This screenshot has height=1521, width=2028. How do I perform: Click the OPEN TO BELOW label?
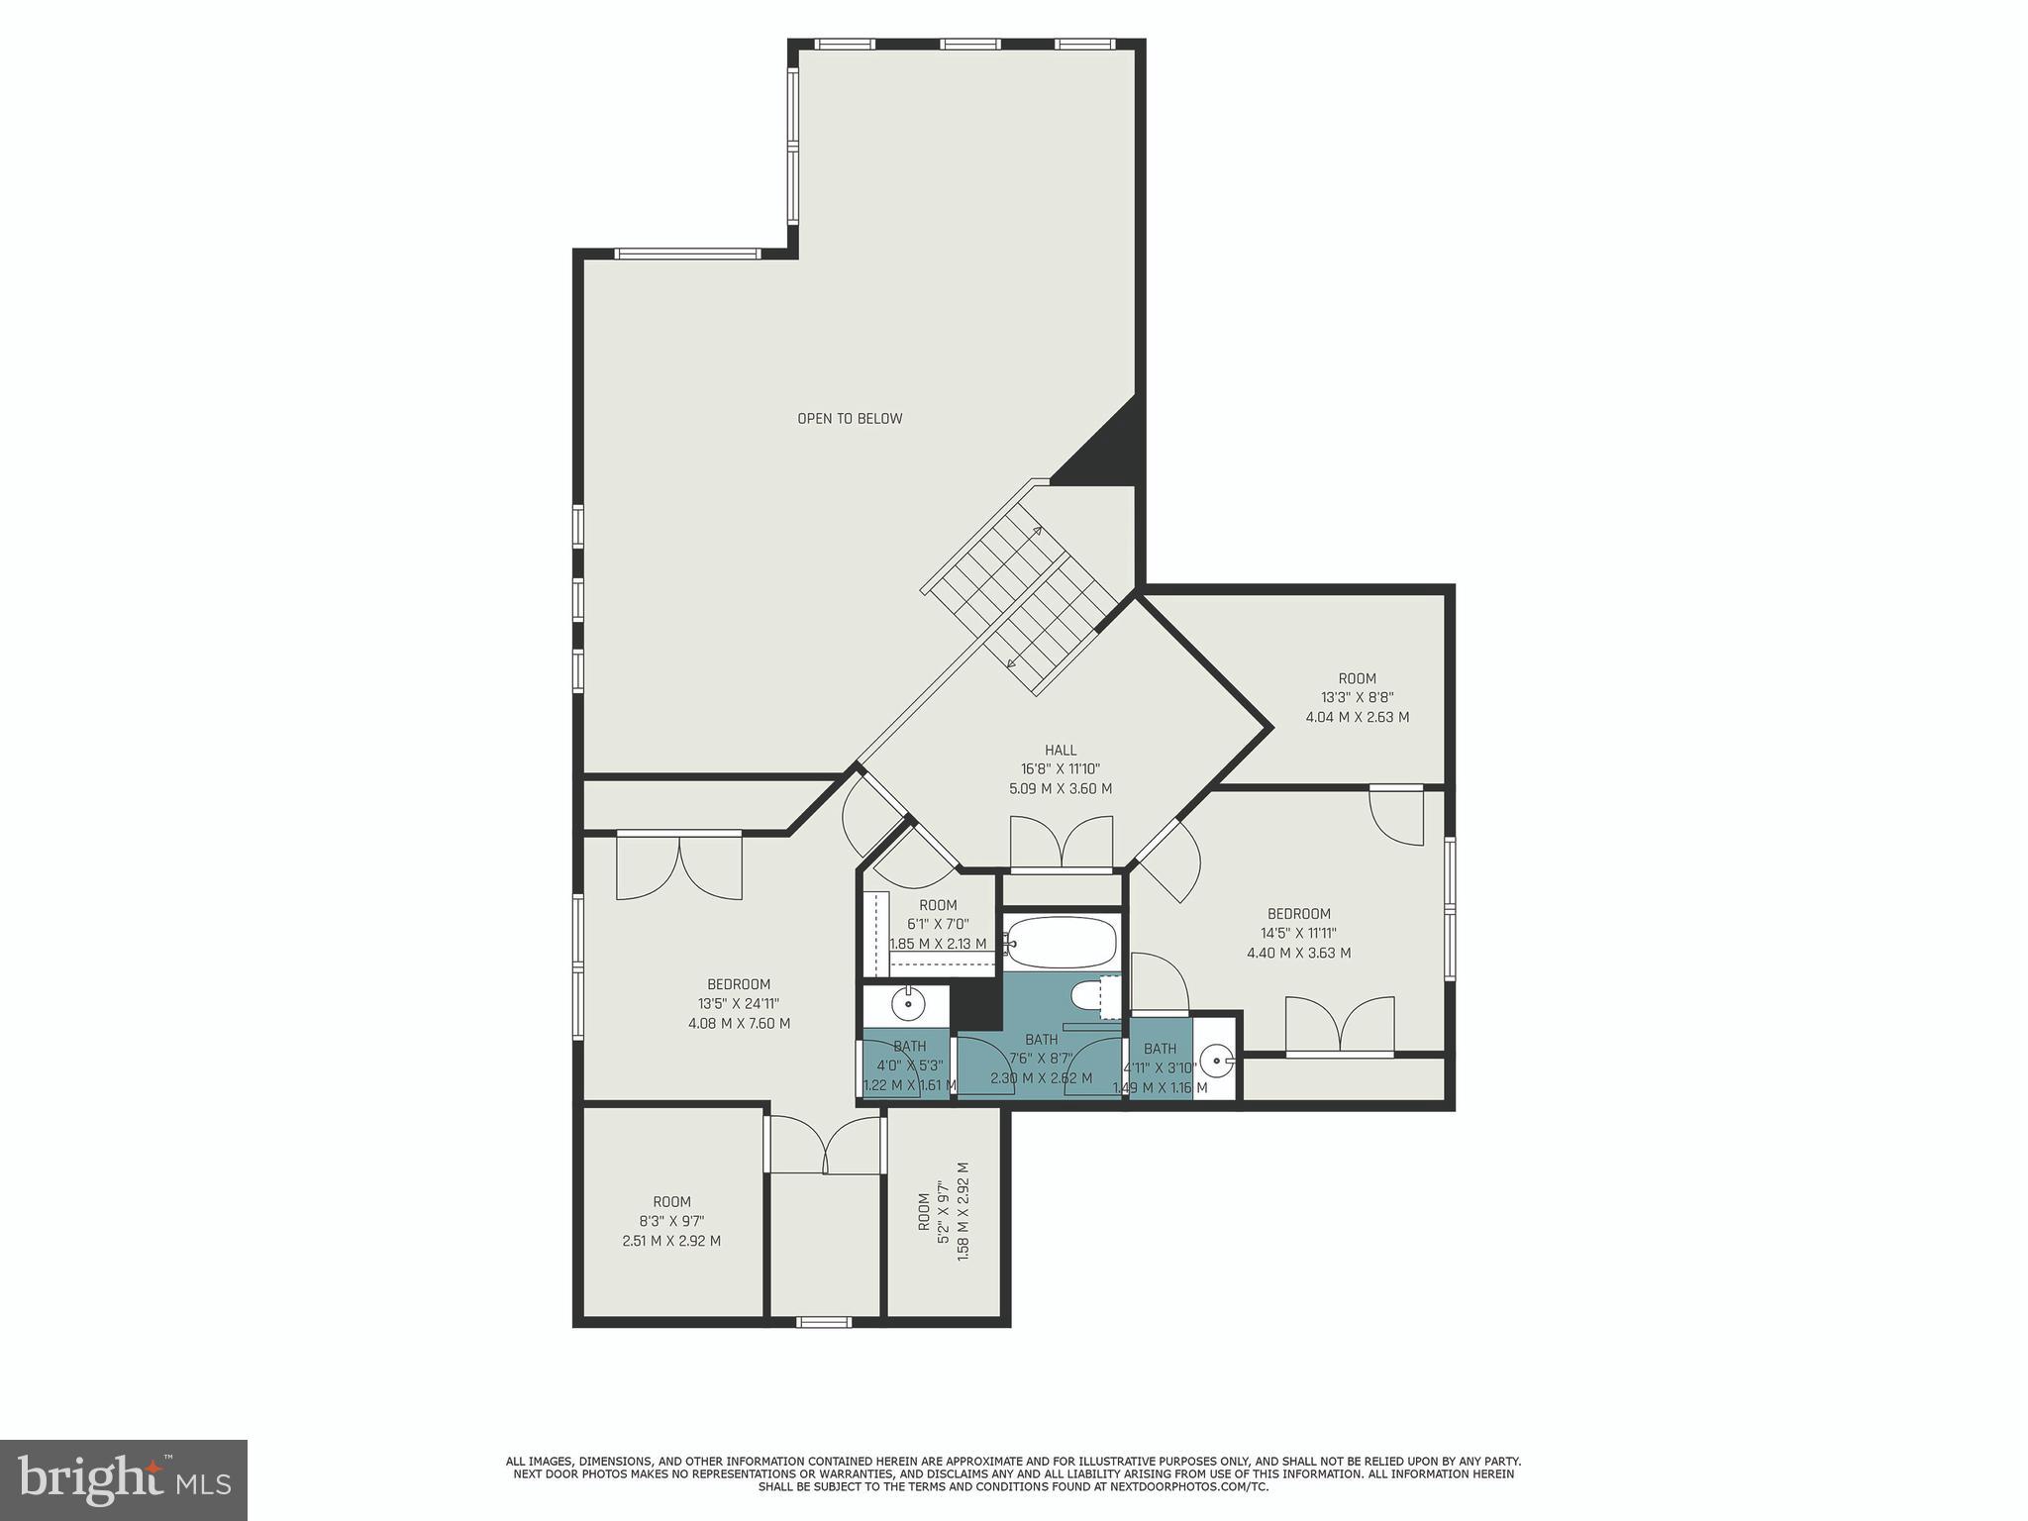click(x=850, y=419)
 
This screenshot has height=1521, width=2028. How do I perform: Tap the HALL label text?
click(x=1060, y=751)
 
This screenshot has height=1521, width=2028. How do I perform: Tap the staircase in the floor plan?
click(x=1020, y=594)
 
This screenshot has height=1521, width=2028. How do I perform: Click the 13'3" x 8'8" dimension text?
click(x=1357, y=697)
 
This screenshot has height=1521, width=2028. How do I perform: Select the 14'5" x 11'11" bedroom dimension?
click(x=1298, y=933)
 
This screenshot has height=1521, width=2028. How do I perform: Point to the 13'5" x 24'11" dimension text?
click(x=739, y=1004)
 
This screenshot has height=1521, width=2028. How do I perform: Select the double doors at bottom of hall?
click(x=1061, y=844)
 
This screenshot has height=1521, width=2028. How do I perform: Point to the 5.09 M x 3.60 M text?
click(x=1060, y=789)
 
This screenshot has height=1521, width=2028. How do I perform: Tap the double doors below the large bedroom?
click(x=824, y=1146)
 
